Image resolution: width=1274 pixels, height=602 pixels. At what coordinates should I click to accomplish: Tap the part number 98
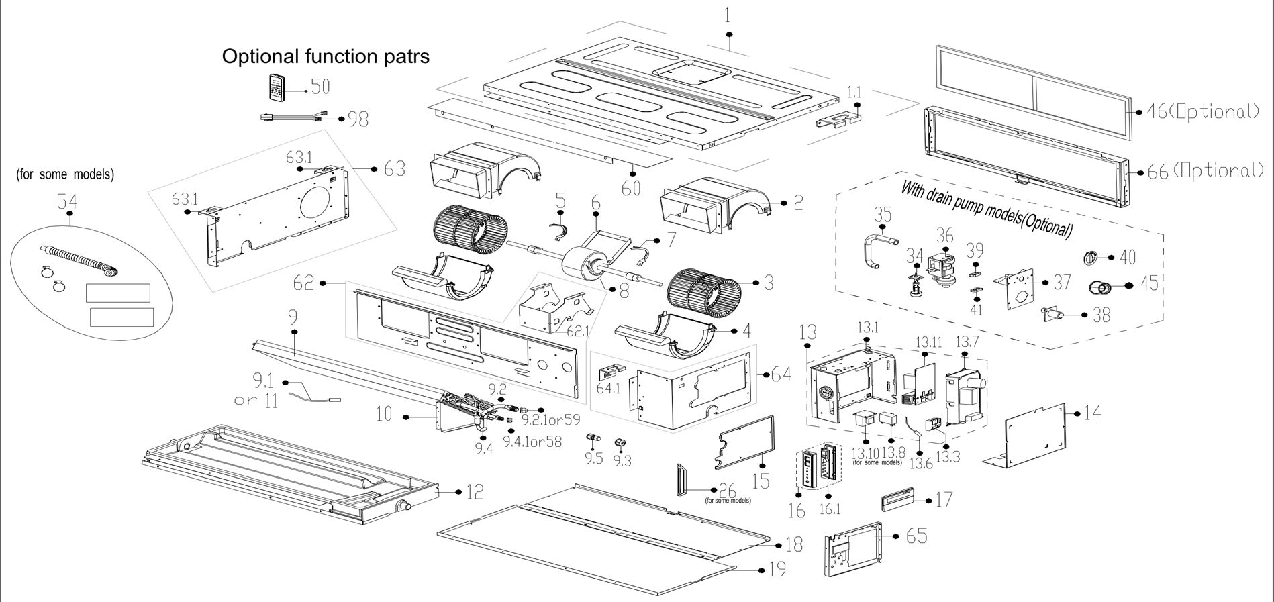coord(358,119)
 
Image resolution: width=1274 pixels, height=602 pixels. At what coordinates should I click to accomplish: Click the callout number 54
coord(66,201)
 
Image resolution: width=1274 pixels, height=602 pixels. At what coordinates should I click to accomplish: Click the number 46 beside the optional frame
coord(1157,111)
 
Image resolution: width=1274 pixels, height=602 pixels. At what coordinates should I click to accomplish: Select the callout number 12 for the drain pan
coord(475,492)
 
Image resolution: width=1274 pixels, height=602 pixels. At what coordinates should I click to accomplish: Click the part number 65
coord(916,536)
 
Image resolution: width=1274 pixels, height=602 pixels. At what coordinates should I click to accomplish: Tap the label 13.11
coord(929,342)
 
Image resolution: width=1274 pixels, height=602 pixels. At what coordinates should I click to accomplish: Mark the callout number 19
coord(777,570)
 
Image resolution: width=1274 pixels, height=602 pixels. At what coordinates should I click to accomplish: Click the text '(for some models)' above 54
coord(65,174)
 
